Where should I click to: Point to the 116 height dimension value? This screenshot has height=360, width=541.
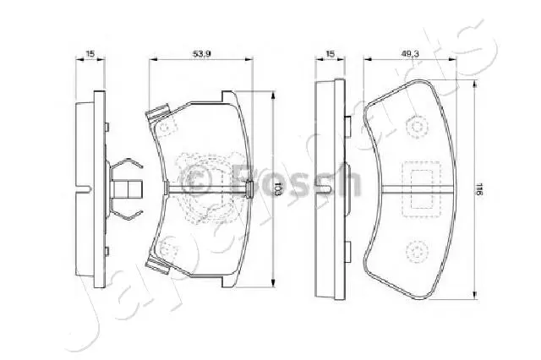click(x=478, y=190)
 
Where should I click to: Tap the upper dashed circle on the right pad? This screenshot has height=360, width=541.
click(x=416, y=127)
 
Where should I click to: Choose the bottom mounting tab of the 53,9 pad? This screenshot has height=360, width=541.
click(x=157, y=266)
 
